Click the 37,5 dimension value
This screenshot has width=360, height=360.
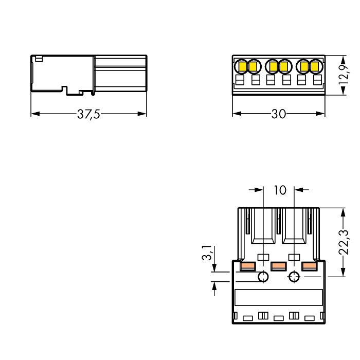88,114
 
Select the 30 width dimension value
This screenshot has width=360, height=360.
279,114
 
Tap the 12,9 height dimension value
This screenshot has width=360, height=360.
344,75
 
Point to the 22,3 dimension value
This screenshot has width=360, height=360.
344,242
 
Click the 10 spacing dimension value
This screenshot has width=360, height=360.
280,190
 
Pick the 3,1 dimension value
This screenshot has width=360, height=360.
207,253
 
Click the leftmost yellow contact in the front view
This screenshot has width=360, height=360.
242,66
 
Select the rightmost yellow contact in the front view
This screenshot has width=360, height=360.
315,66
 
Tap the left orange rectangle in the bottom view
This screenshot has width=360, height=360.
247,266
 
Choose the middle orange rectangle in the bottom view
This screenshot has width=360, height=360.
279,266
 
